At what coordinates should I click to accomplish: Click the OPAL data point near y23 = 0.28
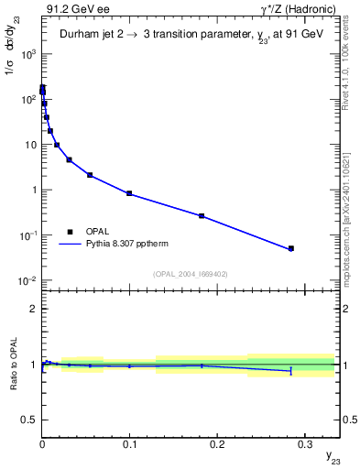290,248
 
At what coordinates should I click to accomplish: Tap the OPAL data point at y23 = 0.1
129,193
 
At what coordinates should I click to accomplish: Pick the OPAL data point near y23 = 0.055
90,175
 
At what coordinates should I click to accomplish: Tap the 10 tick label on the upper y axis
29,145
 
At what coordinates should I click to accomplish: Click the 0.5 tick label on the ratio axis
29,420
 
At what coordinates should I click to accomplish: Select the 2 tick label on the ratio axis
33,309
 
